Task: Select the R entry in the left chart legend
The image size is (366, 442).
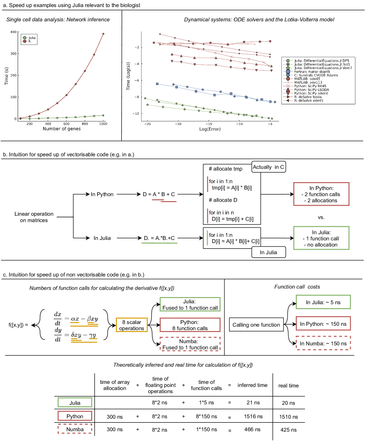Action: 29,42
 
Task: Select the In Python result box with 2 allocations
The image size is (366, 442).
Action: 321,194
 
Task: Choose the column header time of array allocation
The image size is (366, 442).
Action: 115,385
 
